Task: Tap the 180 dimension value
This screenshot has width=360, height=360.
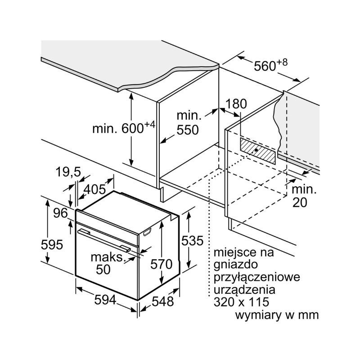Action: click(x=236, y=104)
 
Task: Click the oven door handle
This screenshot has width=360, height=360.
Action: click(x=103, y=238)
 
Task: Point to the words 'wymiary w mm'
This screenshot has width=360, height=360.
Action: click(x=277, y=314)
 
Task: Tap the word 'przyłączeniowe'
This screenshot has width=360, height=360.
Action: click(x=256, y=276)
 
